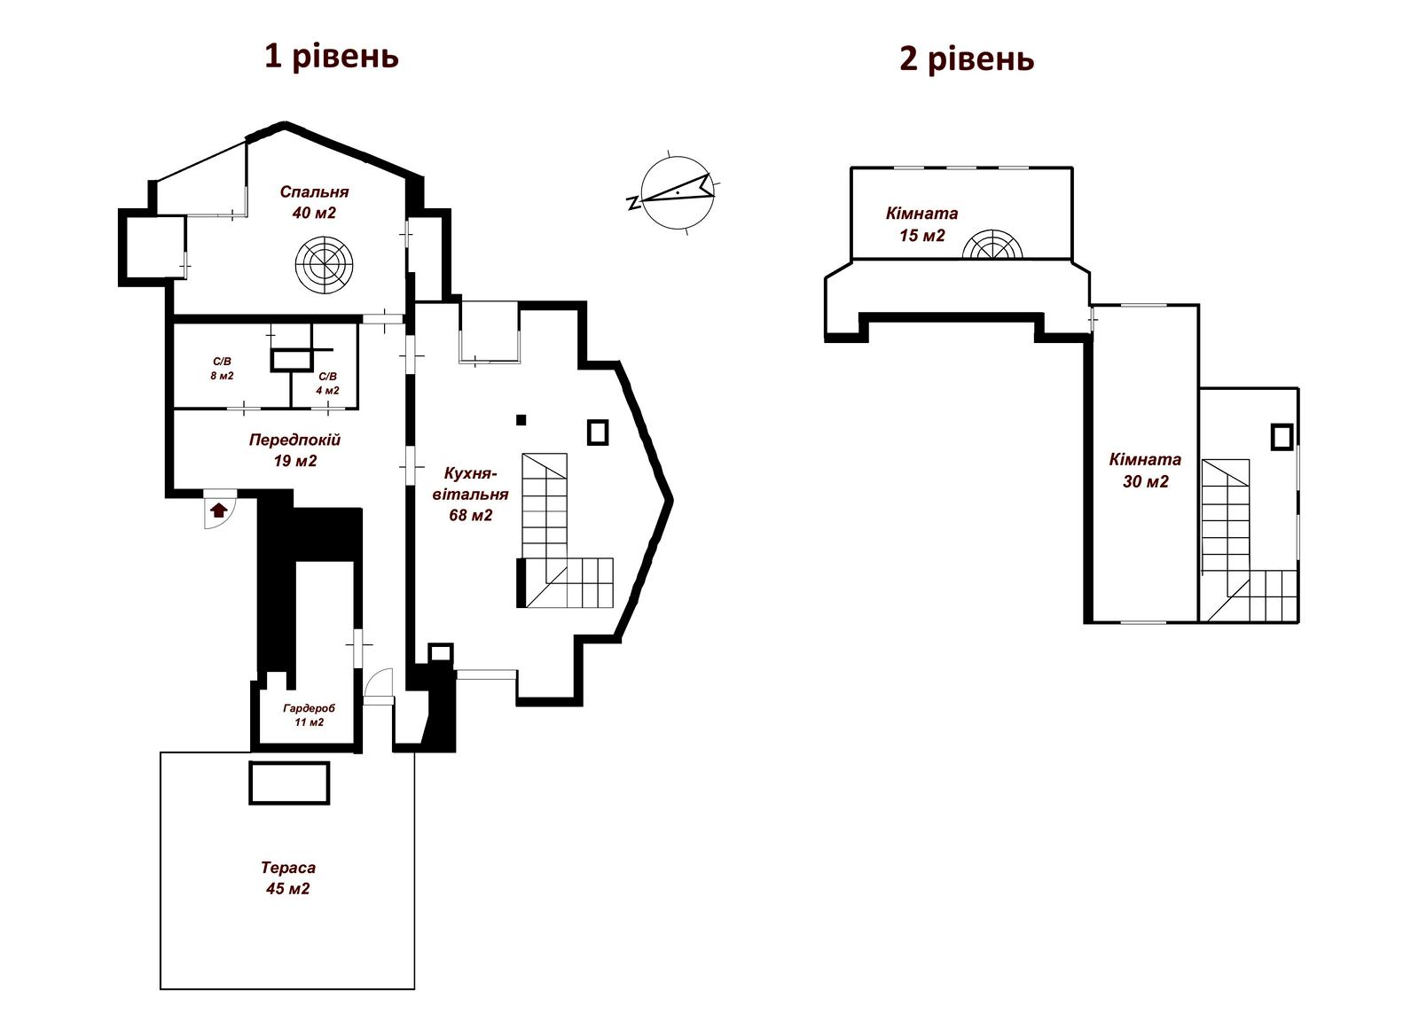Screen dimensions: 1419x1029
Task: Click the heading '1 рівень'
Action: coord(332,57)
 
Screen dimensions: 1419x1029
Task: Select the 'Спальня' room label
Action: coord(314,191)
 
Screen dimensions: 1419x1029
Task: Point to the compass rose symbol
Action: coord(677,191)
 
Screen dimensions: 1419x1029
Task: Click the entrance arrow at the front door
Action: coord(218,510)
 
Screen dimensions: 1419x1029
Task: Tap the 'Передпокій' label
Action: coord(294,440)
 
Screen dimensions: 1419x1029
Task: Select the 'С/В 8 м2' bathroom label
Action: coord(222,369)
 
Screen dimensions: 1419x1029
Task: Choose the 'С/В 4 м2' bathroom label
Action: coord(327,383)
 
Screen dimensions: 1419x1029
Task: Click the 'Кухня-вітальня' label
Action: coord(471,484)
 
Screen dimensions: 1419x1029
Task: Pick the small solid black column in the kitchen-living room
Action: coord(521,419)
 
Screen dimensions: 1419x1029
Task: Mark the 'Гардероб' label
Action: coord(310,708)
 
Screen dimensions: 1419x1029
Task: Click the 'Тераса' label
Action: coord(288,867)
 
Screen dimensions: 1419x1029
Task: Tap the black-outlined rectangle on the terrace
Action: coord(289,783)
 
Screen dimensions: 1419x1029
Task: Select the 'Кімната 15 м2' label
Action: coord(921,224)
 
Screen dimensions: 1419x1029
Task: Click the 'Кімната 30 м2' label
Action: coord(1145,471)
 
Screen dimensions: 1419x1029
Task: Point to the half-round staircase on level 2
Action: coord(992,245)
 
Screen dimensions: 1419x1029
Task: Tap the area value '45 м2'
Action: coord(288,888)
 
